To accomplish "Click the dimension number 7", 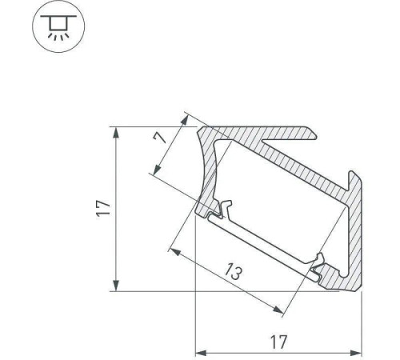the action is [160, 138].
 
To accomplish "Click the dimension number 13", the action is [234, 272].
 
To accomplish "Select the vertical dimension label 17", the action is [103, 208].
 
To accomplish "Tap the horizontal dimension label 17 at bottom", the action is [279, 342].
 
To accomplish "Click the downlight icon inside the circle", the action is [58, 27].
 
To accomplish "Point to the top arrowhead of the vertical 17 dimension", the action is [116, 133].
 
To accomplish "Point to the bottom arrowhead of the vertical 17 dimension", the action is [116, 286].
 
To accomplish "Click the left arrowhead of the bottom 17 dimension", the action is [201, 354].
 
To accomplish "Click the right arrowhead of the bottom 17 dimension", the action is [356, 354].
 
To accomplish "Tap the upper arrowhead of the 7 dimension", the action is [185, 119].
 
